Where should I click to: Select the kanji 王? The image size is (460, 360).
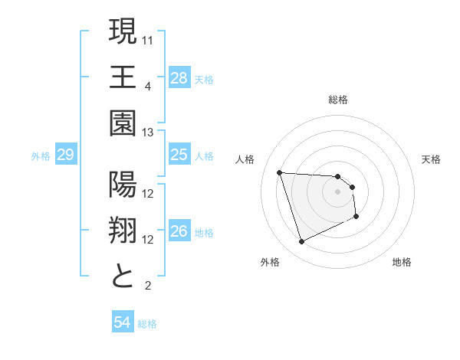coord(123,77)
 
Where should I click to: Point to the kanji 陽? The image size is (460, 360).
coord(123,186)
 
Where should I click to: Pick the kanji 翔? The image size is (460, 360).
coord(123,231)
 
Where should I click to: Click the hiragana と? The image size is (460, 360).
coord(123,277)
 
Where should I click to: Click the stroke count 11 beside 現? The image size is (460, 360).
coord(148,39)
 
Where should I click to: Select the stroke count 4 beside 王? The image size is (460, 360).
coord(147,86)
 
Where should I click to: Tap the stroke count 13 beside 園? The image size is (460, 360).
coord(148,133)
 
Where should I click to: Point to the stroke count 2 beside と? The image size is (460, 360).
coord(147,286)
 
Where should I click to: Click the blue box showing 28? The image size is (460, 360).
coord(179,77)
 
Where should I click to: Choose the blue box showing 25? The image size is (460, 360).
coord(179,155)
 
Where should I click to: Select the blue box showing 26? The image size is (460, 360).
coord(179,231)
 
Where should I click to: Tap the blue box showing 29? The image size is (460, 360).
coord(65,155)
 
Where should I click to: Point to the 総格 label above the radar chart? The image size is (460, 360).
coord(338,100)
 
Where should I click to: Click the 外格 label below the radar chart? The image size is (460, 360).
coord(270,262)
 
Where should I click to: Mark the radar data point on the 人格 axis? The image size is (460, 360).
coord(280,172)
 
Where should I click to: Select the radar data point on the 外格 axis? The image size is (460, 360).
coord(301,242)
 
